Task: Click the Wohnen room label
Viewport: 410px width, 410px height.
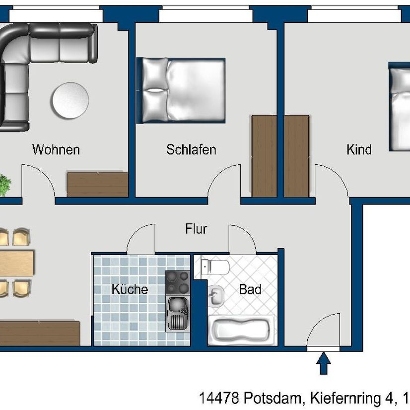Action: tap(56, 149)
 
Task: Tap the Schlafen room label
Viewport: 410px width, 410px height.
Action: tap(191, 149)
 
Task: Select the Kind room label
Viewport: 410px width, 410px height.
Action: tap(359, 149)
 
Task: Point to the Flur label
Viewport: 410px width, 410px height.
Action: tap(196, 229)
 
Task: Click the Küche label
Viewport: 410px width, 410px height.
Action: tap(130, 289)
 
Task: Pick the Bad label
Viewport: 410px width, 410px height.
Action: tap(250, 289)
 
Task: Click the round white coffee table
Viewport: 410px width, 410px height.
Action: tap(70, 100)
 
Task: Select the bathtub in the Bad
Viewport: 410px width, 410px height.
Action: tap(241, 331)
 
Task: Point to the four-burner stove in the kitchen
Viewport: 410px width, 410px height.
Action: tap(177, 282)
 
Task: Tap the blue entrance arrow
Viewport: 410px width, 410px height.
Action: tap(324, 363)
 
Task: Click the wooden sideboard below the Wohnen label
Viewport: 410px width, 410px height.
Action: tap(98, 184)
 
